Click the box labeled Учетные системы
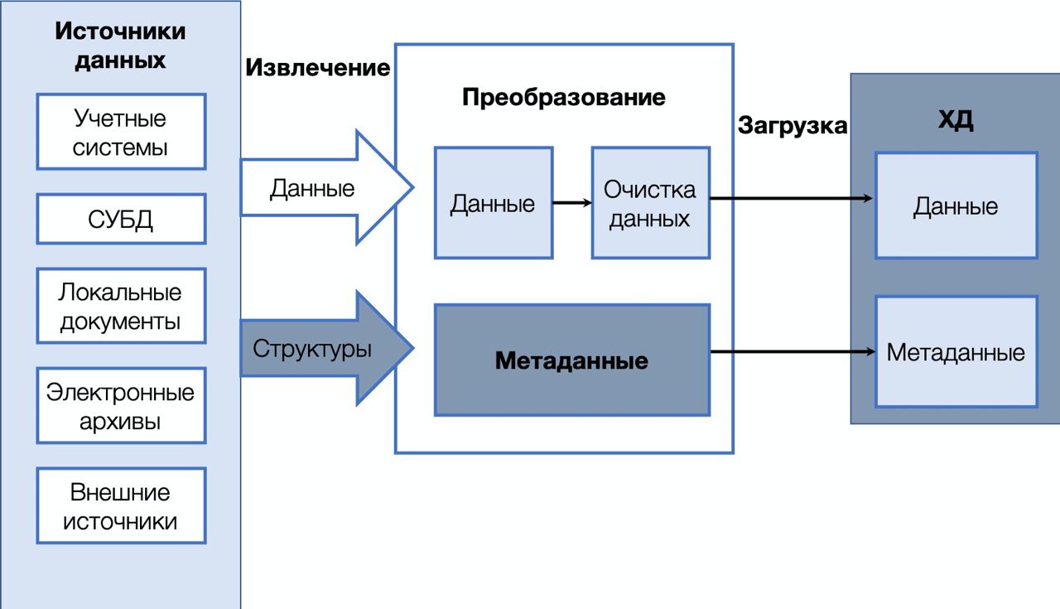tap(121, 132)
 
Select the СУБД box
tap(121, 219)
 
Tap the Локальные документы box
tap(121, 306)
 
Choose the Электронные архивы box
tap(121, 406)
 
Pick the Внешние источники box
tap(121, 505)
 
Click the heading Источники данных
tap(120, 46)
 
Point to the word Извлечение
tap(317, 67)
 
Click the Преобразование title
tap(564, 98)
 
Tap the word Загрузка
tap(793, 126)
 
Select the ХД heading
tap(956, 119)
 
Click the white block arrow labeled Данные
tap(326, 187)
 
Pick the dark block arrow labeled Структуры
tap(326, 349)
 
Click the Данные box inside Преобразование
tap(494, 203)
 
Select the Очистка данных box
tap(651, 203)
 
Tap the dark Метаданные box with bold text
tap(572, 360)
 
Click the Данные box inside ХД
tap(956, 205)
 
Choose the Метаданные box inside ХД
tap(956, 352)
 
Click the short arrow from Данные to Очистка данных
tap(572, 203)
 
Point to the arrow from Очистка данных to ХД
tap(791, 198)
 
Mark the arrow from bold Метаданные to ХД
tap(793, 351)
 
